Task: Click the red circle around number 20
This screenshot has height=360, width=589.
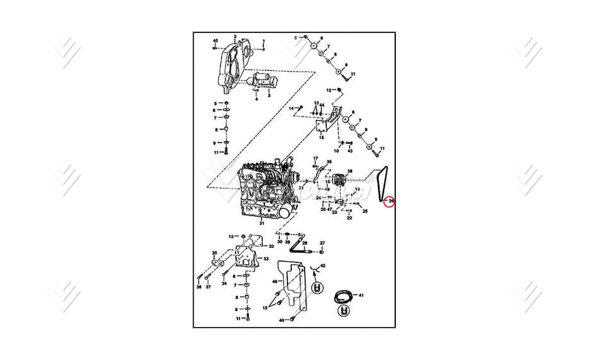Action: click(389, 201)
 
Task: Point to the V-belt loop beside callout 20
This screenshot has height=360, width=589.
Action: click(380, 184)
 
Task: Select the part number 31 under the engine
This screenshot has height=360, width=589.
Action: click(261, 223)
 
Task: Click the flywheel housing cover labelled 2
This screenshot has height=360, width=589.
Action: click(230, 64)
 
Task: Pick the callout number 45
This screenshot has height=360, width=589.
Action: click(215, 41)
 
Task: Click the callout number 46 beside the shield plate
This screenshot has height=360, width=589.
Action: click(275, 280)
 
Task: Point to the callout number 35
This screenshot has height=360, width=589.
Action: click(214, 253)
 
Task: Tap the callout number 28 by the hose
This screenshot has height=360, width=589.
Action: click(304, 243)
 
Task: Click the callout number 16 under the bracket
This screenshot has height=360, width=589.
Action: click(321, 137)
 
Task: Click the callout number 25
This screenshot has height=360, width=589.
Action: click(365, 211)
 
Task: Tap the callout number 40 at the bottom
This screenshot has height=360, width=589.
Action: click(281, 320)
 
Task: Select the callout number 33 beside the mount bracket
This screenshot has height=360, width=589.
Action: click(266, 259)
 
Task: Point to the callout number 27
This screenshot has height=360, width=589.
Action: click(322, 243)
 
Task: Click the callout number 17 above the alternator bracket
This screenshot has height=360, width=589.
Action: click(315, 158)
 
